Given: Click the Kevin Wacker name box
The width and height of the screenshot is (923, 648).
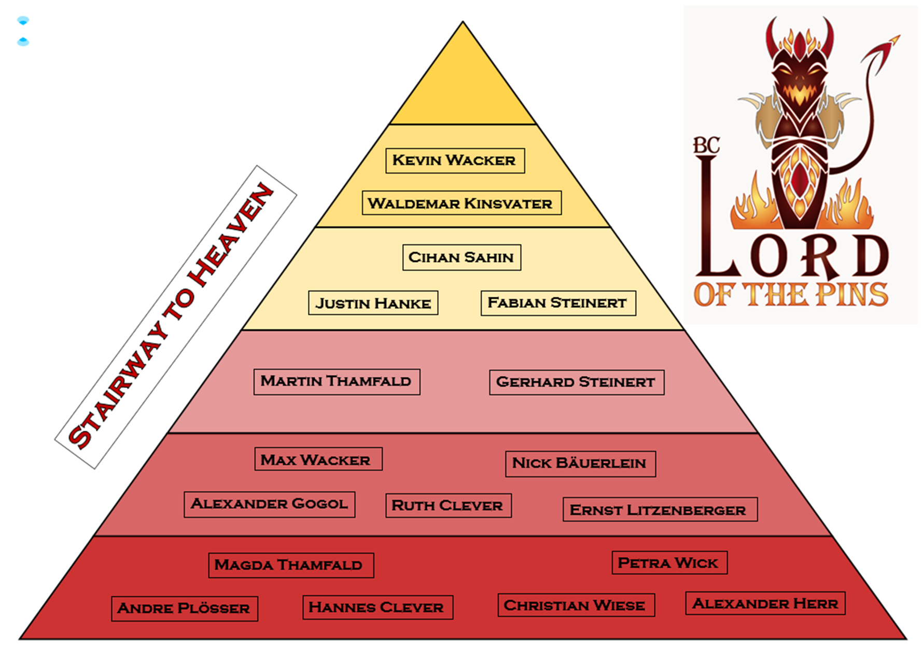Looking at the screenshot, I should click(455, 160).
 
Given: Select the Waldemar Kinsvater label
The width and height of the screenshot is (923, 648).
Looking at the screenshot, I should click(461, 203).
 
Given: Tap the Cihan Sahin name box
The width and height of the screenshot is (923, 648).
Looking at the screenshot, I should click(461, 257).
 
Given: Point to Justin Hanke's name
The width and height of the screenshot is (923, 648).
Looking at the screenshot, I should click(373, 303).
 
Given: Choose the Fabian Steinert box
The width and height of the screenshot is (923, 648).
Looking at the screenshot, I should click(558, 303).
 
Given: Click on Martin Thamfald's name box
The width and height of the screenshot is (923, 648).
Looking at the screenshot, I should click(337, 381).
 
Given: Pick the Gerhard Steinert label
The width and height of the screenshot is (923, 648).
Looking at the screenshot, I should click(576, 382).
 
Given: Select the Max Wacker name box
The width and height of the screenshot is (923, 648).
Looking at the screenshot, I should click(318, 459).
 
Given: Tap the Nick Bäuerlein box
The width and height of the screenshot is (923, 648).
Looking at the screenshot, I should click(580, 463).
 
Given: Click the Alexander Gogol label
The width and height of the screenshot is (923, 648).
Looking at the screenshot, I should click(269, 504).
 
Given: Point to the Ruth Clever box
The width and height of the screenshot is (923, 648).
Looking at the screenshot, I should click(448, 505).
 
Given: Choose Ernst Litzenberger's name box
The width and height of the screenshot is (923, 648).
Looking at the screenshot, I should click(660, 509).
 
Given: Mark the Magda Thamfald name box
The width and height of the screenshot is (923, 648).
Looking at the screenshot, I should click(290, 565).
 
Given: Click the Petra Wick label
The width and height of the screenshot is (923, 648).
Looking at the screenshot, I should click(669, 563).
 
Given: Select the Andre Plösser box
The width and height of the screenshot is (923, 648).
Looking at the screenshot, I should click(184, 608).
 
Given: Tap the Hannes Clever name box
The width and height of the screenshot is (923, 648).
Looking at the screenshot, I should click(377, 607).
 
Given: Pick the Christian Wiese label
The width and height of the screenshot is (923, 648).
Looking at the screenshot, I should click(576, 605).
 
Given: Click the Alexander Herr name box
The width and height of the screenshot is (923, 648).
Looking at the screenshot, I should click(765, 603).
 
